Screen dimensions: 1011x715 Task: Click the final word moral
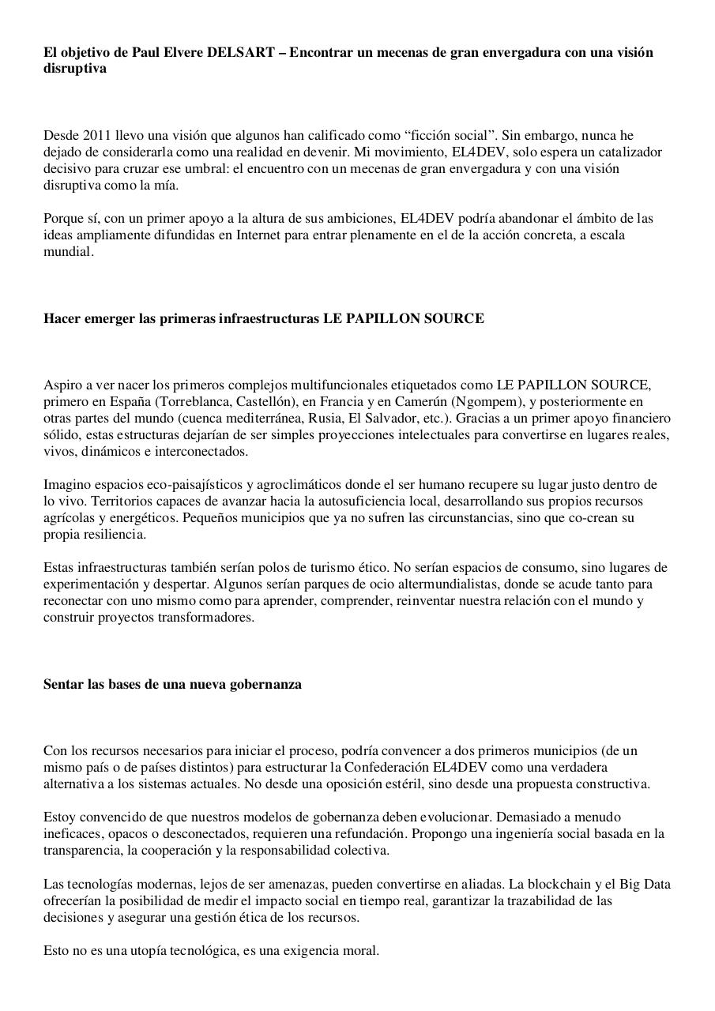362,951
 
